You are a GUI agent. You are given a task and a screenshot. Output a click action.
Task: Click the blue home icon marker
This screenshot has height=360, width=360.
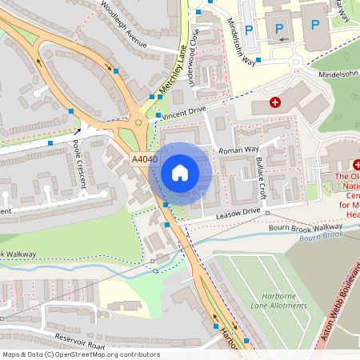(180, 173)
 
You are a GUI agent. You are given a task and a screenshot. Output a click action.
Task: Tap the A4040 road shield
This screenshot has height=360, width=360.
(145, 160)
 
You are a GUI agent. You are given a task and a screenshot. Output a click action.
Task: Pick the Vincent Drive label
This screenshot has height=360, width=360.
(183, 113)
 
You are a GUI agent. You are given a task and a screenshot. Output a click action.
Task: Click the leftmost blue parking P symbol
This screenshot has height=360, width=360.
(249, 29)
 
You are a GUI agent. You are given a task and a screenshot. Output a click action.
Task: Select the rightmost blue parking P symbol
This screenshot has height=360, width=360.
(314, 25)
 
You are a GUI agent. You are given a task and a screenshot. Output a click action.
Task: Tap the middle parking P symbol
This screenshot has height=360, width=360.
(279, 29)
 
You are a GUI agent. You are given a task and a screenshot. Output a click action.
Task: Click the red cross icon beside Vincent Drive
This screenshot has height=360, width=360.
(275, 102)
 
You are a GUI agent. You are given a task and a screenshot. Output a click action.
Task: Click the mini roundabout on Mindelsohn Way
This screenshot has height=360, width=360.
(296, 62)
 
